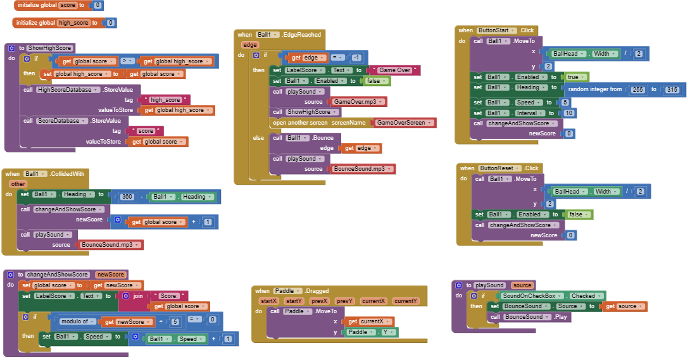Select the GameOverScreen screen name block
[405, 123]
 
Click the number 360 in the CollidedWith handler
[127, 197]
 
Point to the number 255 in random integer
[637, 90]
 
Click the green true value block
[575, 77]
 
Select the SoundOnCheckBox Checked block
[551, 296]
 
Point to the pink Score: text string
[169, 296]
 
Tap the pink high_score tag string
[165, 100]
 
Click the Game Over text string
[394, 70]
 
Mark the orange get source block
[624, 306]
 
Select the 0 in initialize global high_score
[110, 23]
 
